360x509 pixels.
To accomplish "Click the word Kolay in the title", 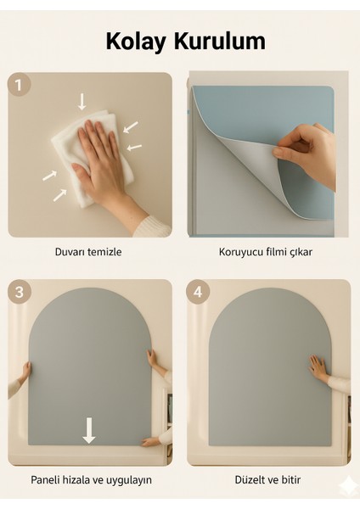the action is (x=136, y=42).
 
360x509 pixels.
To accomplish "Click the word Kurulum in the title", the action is (x=220, y=41).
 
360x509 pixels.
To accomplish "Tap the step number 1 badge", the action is (x=20, y=85).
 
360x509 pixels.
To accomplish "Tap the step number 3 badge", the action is (x=20, y=291).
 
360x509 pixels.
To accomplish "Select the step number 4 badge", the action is (x=198, y=292).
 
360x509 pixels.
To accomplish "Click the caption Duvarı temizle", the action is (x=88, y=252).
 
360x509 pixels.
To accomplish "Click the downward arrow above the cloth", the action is (x=82, y=101).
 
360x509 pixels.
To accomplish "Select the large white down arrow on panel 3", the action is (x=88, y=430).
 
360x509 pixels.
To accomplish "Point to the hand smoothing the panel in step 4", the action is (x=318, y=368).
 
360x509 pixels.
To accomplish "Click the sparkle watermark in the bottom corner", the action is (x=346, y=487).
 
